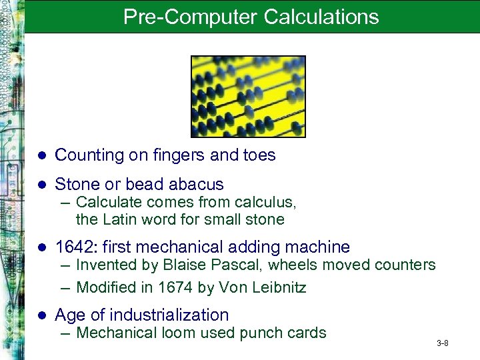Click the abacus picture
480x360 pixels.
point(248,96)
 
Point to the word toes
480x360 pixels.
point(256,155)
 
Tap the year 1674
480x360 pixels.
point(175,288)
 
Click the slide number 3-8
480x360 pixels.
point(442,343)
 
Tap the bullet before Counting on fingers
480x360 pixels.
point(41,156)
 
